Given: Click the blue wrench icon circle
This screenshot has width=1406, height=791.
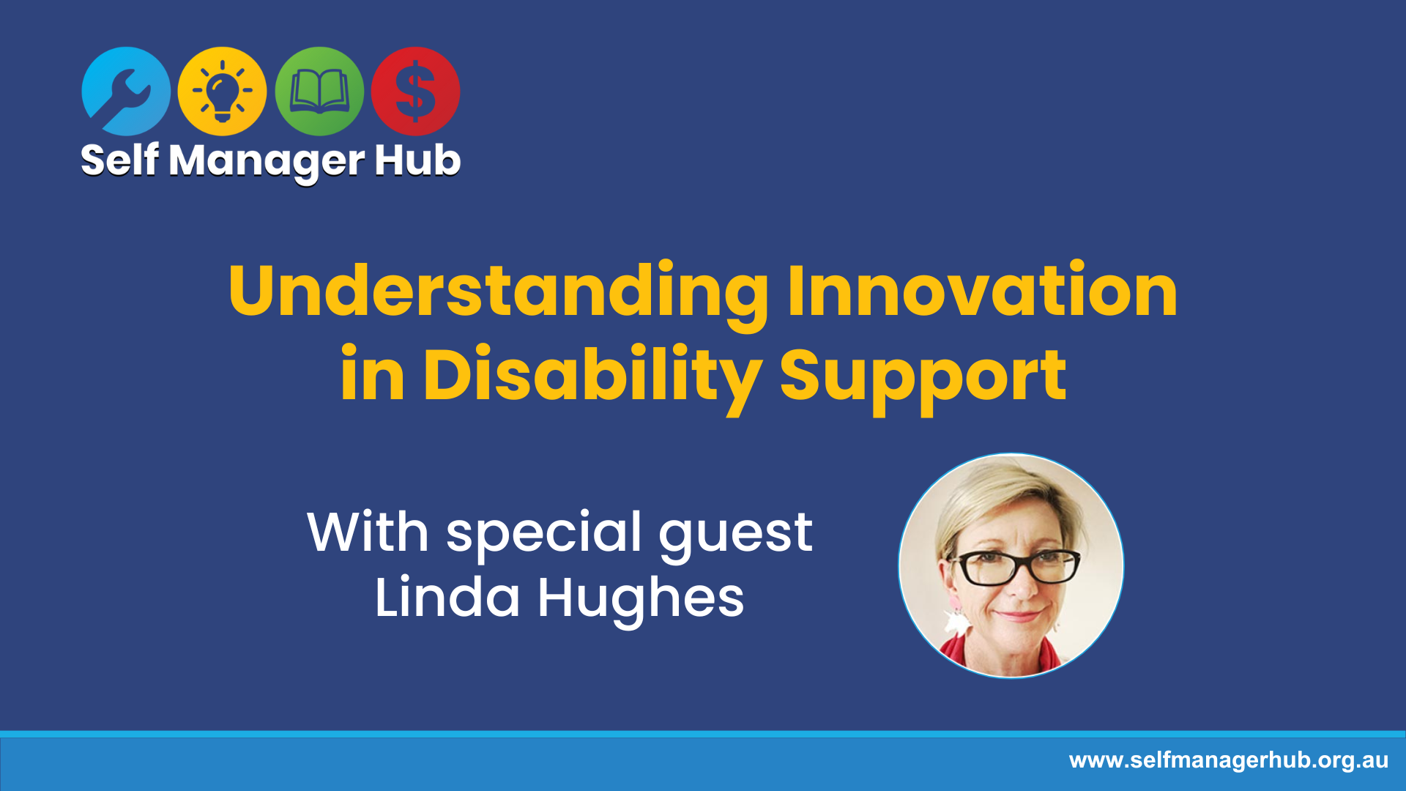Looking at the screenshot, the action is point(126,92).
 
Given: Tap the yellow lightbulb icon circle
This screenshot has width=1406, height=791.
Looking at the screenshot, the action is point(222,92).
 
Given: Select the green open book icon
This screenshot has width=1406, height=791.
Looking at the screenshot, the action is point(319,92).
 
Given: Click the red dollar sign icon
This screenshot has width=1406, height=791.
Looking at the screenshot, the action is point(415,92).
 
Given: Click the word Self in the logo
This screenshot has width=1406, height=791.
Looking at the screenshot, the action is point(120,160).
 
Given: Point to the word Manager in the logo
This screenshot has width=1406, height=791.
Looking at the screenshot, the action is point(267,162).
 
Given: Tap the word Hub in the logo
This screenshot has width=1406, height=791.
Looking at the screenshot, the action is point(417,160).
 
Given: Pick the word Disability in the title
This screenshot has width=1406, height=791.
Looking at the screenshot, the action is point(592,377).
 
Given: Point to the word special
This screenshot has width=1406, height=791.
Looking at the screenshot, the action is point(545,535).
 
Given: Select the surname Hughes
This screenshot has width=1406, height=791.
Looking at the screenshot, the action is point(641,599).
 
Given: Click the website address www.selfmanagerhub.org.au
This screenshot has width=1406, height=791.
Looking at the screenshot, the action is point(1229,760).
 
